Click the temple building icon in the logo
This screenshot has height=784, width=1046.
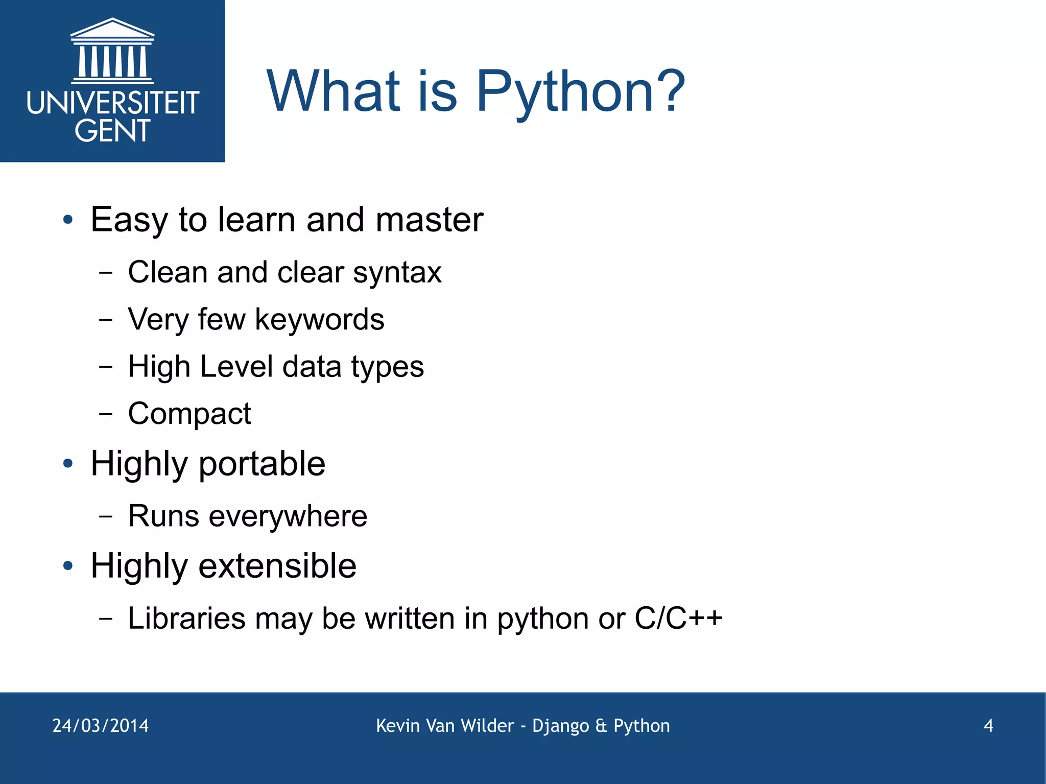(x=112, y=51)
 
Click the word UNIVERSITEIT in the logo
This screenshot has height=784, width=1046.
(x=112, y=103)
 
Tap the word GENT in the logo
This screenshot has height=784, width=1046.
(x=112, y=131)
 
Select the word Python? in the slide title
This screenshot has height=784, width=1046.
(x=581, y=92)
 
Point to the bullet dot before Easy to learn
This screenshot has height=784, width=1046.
(x=68, y=221)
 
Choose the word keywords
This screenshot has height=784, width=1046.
(x=319, y=320)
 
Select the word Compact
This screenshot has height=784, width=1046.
(x=189, y=414)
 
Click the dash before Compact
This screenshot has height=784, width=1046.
(x=106, y=413)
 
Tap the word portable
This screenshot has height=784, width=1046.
(x=261, y=464)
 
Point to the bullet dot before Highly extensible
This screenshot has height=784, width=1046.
(x=68, y=566)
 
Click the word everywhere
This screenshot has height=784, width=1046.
(x=288, y=516)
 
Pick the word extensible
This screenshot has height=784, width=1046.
(x=277, y=566)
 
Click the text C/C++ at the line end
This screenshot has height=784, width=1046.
(x=678, y=619)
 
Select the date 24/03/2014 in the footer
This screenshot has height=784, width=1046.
(x=101, y=726)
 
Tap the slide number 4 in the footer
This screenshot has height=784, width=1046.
(x=988, y=726)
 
